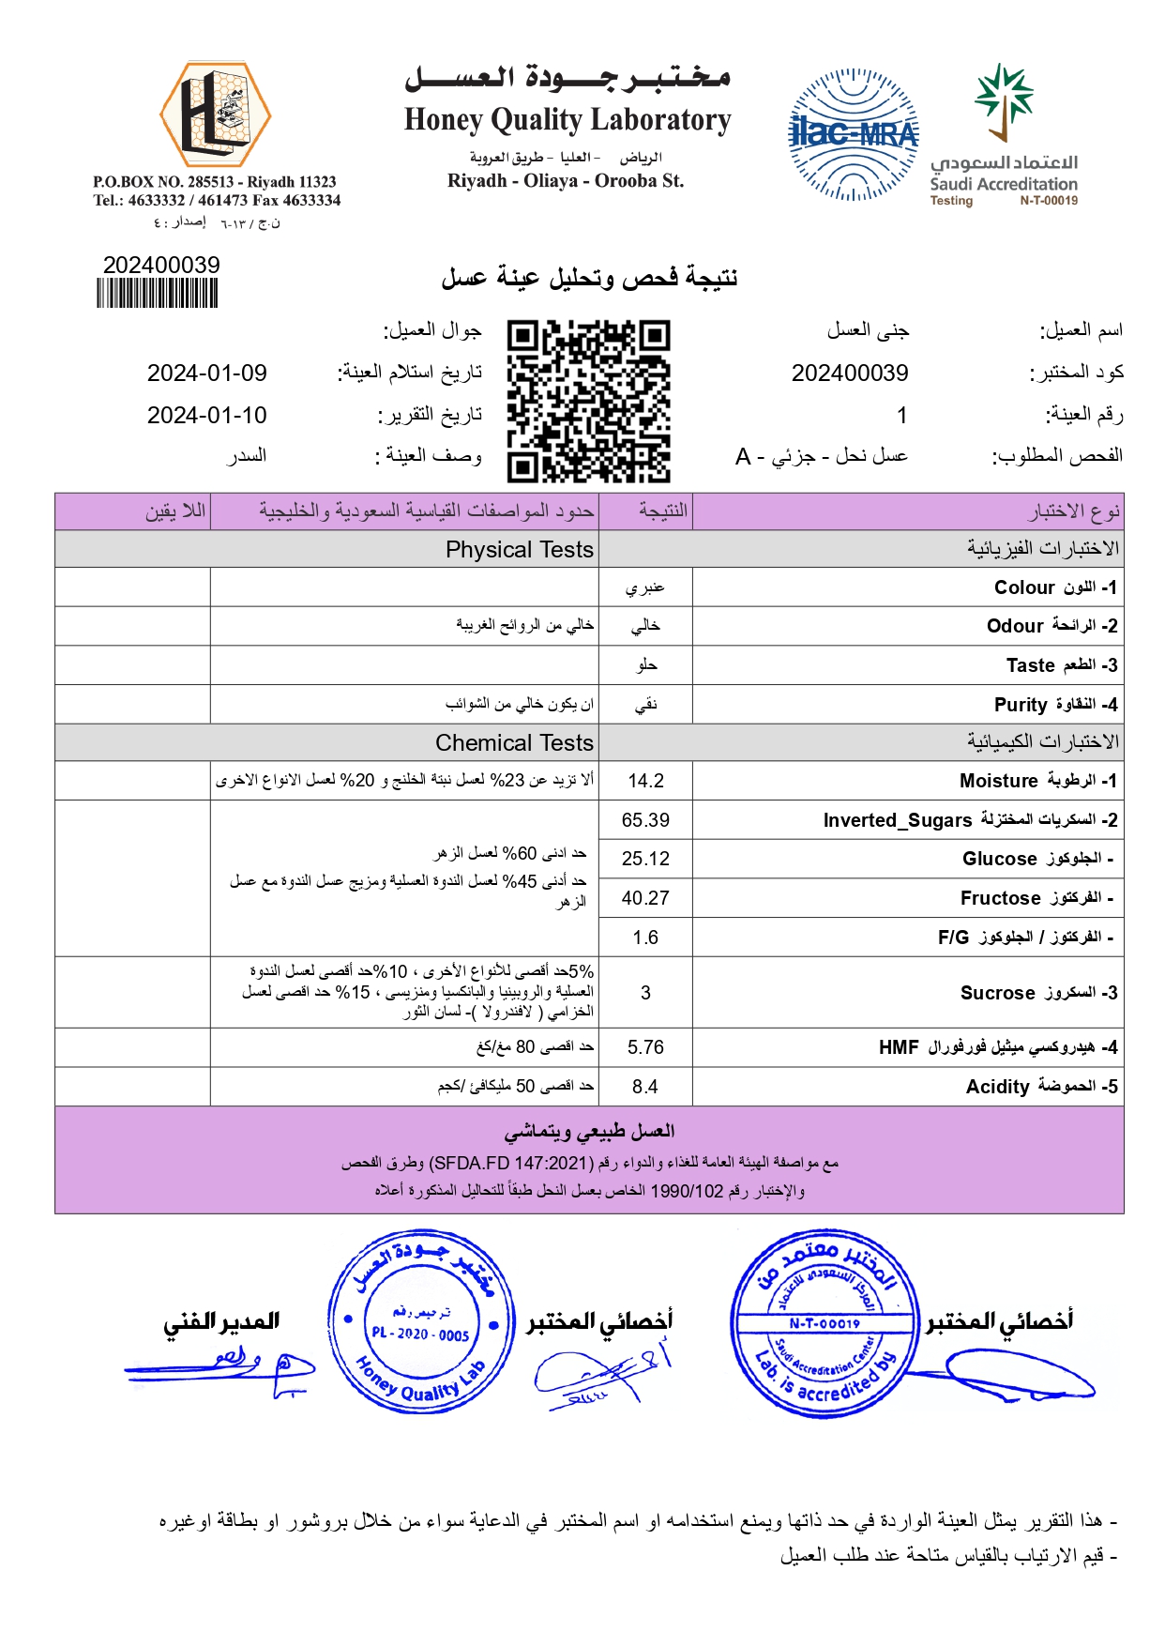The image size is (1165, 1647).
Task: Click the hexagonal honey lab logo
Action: tap(215, 115)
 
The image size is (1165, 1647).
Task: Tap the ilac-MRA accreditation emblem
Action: tap(853, 134)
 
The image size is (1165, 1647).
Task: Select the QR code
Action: tap(588, 401)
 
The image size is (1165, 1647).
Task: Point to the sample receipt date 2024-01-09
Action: tap(206, 374)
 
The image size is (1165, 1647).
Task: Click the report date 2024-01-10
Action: tap(206, 416)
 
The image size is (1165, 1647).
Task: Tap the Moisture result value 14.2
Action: tap(645, 781)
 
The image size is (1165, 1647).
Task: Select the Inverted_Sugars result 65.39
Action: tap(645, 820)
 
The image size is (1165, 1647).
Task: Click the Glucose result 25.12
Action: tap(645, 859)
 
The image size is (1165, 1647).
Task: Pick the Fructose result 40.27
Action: tap(645, 898)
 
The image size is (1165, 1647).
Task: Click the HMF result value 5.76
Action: tap(645, 1047)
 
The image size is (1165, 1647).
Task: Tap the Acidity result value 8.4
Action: tap(645, 1087)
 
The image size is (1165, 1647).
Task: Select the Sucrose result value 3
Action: tap(645, 993)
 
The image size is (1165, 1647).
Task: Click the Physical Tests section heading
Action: tap(519, 550)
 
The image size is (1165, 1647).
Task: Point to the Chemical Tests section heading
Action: tap(514, 743)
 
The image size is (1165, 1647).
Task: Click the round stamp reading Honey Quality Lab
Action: tap(421, 1322)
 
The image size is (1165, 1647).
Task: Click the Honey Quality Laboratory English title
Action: tap(567, 120)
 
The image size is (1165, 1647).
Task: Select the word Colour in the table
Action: tap(1024, 587)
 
